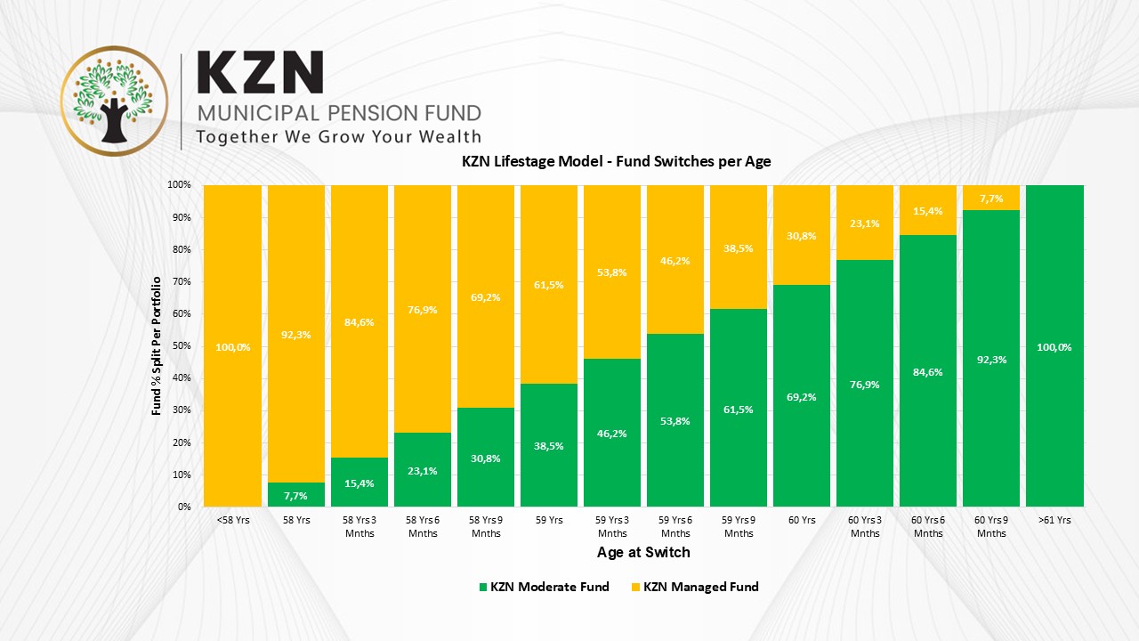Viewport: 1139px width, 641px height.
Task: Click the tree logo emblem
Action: tap(113, 101)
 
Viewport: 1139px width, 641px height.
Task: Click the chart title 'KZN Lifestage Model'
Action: tap(616, 162)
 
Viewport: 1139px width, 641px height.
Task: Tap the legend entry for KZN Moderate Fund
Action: tap(544, 587)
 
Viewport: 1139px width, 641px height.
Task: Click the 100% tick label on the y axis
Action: tap(178, 185)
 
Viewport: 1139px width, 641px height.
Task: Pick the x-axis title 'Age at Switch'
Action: tap(642, 552)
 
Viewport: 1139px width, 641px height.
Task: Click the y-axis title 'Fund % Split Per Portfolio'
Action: tap(157, 345)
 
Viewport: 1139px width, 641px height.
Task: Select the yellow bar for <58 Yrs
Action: tap(232, 267)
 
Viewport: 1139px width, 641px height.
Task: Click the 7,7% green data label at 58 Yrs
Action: tap(295, 495)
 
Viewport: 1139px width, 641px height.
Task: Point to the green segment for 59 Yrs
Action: tap(549, 445)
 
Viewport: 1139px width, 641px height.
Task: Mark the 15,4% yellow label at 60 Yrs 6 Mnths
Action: tap(928, 211)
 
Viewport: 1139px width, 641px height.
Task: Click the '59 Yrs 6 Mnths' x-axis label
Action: tap(675, 526)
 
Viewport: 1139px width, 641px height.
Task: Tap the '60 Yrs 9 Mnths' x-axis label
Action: tap(991, 526)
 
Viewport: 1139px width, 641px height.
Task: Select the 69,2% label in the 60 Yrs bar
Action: tap(802, 396)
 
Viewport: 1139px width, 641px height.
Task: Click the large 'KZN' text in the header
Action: tap(260, 74)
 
